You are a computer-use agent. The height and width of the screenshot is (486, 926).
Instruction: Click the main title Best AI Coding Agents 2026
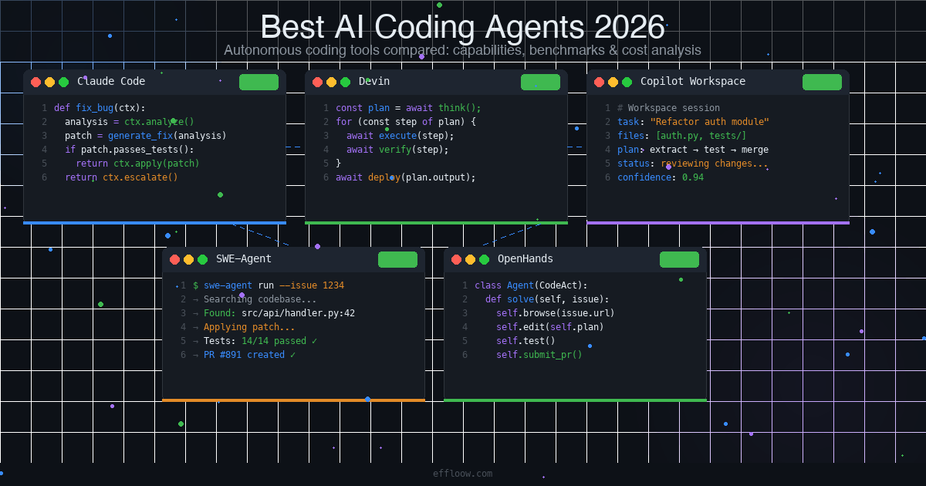click(x=462, y=27)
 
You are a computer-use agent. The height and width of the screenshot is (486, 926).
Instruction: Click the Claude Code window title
click(x=111, y=81)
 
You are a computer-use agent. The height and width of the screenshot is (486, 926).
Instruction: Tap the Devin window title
click(x=374, y=81)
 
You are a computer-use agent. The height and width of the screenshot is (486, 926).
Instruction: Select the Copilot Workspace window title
click(x=693, y=81)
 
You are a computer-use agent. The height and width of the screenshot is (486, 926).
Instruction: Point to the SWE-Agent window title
click(x=244, y=258)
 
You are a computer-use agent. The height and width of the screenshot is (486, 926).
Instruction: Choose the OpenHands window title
click(x=526, y=258)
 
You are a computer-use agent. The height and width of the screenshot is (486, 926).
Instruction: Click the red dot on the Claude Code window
click(x=35, y=82)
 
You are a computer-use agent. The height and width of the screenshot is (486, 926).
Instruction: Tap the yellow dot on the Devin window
click(x=331, y=82)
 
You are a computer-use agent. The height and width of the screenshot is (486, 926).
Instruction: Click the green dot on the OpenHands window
click(x=484, y=259)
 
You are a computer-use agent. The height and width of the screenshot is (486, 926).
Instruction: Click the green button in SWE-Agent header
click(x=397, y=259)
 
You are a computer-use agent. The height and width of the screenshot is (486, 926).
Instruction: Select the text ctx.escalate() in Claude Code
click(x=140, y=177)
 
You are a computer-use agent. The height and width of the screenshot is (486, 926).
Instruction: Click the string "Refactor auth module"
click(x=710, y=122)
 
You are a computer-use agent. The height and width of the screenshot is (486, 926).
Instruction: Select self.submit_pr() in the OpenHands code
click(x=539, y=355)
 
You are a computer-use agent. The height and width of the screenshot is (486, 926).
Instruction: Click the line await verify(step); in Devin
click(x=397, y=150)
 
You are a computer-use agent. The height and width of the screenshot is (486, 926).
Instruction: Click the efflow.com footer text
click(x=463, y=474)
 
